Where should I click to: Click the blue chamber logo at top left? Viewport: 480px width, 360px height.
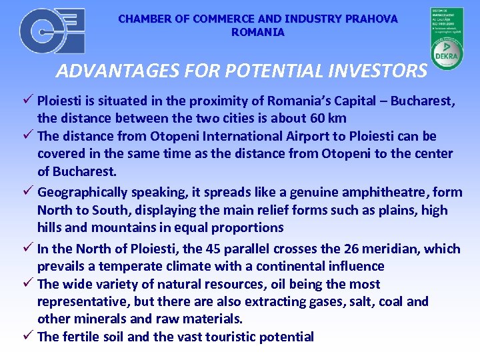52,31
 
